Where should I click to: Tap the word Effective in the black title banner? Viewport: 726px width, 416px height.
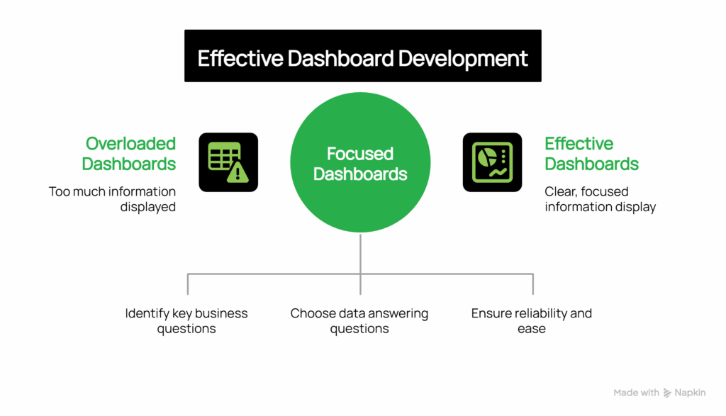(239, 58)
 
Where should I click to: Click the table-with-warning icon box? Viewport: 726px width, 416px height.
(228, 162)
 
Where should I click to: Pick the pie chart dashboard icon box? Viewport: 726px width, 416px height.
(492, 162)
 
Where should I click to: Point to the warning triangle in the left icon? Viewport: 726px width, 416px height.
(237, 173)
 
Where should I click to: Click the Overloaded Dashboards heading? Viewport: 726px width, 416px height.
(129, 154)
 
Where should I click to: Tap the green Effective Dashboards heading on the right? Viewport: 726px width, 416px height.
(591, 154)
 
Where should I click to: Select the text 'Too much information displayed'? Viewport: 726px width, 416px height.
(112, 199)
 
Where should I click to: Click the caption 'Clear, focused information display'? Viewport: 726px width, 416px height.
(600, 199)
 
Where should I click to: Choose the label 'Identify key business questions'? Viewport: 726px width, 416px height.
(186, 321)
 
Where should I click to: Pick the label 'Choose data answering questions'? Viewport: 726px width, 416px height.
(359, 321)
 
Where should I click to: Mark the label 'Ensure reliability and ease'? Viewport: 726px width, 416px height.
(532, 321)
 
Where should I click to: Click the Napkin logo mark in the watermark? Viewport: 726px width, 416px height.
(667, 393)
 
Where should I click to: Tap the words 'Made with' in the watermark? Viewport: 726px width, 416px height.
(636, 393)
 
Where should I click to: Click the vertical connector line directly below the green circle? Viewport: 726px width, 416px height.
(360, 255)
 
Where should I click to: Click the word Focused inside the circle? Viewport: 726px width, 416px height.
(360, 154)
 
